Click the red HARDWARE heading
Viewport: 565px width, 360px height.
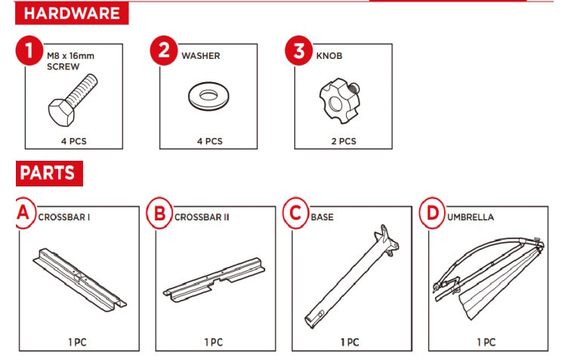72,14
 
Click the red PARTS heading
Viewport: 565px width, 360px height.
49,173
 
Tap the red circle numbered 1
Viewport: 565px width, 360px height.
29,51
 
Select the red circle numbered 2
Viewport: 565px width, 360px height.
165,51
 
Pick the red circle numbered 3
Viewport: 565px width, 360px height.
299,51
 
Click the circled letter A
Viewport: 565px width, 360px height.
24,213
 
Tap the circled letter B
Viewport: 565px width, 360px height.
159,213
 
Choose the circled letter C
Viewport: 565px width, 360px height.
296,213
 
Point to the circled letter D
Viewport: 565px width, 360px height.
432,213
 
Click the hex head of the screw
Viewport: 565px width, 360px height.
61,112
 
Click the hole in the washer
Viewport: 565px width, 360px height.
208,95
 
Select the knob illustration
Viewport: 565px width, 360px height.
339,101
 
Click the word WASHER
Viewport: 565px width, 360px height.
201,56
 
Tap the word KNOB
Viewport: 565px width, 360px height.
329,56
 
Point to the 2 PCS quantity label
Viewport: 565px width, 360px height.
344,141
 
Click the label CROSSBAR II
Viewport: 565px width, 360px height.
202,217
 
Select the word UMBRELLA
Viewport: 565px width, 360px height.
471,217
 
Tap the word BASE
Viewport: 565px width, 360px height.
322,217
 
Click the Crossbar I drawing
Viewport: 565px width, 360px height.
79,279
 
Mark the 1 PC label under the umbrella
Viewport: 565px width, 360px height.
486,342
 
